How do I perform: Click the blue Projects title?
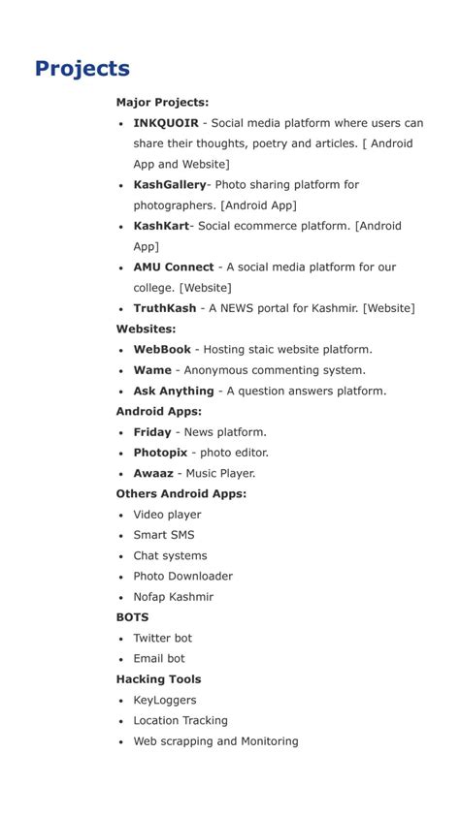[82, 69]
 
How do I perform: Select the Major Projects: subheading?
[162, 103]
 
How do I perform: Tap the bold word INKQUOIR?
[166, 123]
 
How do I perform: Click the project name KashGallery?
[170, 185]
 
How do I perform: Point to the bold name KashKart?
[161, 226]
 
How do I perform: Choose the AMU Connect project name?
[174, 267]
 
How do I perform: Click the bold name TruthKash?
[165, 308]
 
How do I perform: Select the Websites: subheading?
[147, 330]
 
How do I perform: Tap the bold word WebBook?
[162, 350]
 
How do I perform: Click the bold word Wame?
[152, 370]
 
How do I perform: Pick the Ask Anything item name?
[174, 392]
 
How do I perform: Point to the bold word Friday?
[152, 432]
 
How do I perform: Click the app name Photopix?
[160, 453]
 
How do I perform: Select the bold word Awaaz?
[153, 474]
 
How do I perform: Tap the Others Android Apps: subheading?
[181, 494]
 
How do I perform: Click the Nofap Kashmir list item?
[174, 597]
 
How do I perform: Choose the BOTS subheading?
[133, 617]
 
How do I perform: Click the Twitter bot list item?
[163, 639]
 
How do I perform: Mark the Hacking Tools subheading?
[159, 679]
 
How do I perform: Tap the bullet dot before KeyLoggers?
[121, 701]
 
